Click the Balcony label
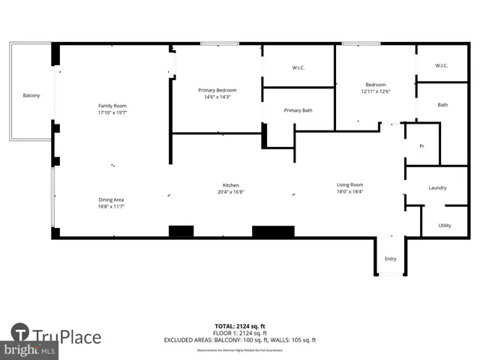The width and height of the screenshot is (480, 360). click(x=31, y=95)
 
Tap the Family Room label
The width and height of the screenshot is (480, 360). click(x=112, y=106)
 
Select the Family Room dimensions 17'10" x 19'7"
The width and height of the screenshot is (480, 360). click(x=112, y=114)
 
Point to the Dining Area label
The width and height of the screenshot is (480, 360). click(x=111, y=199)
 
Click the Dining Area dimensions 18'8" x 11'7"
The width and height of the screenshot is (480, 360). click(x=111, y=207)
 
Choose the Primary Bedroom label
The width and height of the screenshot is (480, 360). click(x=217, y=90)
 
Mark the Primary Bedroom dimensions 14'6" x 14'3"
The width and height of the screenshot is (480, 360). click(x=217, y=97)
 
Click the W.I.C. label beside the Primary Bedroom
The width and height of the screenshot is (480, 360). click(x=298, y=68)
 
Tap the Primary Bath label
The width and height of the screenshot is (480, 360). click(x=298, y=110)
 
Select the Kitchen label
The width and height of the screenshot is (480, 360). click(x=230, y=185)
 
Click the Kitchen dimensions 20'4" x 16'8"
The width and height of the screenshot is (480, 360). click(x=230, y=193)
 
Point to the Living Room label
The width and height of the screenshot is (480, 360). click(x=349, y=184)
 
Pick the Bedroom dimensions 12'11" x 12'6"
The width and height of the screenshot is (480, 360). click(x=376, y=92)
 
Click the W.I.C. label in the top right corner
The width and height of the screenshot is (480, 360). click(x=442, y=66)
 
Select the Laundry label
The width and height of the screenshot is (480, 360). click(x=438, y=188)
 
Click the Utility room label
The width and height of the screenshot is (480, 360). click(x=445, y=225)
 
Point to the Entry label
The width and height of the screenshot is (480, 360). click(x=391, y=259)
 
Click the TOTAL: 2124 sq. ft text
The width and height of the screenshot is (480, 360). click(x=240, y=326)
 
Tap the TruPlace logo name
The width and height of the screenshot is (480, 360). click(x=66, y=337)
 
